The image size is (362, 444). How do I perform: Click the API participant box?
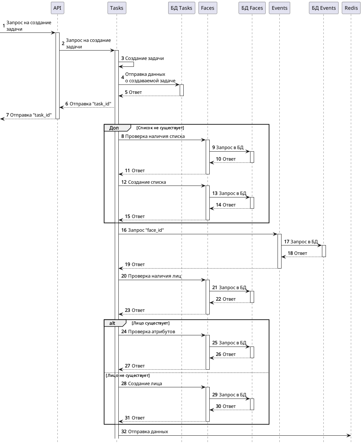pos(57,8)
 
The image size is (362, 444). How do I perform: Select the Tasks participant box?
pos(117,8)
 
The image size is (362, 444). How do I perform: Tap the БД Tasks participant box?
pos(182,8)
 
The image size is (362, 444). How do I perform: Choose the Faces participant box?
pos(208,8)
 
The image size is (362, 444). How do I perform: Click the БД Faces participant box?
pos(252,8)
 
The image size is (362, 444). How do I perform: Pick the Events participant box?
pos(279,8)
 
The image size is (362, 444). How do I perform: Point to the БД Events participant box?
pos(324,8)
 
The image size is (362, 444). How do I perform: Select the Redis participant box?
pos(351,8)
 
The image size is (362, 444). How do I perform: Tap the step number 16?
pos(124,230)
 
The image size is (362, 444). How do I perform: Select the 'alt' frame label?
pos(112,323)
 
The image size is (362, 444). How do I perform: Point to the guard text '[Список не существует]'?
pos(160,128)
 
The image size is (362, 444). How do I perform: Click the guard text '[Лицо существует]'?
pos(151,323)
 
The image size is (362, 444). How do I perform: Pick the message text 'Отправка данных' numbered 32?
pos(148,431)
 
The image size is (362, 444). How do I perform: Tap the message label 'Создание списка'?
pos(147,182)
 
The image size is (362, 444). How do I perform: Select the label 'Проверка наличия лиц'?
pos(154,276)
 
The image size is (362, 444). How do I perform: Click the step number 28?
pos(124,383)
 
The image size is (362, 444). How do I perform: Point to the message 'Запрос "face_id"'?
pos(146,230)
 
